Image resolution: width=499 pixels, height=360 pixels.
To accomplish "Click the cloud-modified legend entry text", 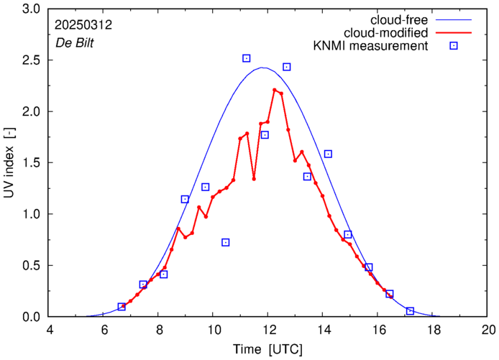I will [x=387, y=33].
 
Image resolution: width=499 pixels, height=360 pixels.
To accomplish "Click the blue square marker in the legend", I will [x=454, y=47].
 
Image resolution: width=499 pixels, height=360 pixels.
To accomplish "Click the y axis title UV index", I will [x=9, y=164].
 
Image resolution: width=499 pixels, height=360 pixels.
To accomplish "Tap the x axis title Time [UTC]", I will [x=267, y=349].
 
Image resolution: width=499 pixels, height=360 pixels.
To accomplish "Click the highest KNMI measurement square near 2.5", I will [x=247, y=58].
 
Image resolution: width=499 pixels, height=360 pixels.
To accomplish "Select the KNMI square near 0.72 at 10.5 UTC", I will [x=226, y=242].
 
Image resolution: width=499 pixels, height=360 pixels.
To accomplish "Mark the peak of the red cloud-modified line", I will [x=275, y=90].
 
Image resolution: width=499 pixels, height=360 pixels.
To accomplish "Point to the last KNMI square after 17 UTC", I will [x=410, y=310].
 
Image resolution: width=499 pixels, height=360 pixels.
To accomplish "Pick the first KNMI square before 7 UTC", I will [x=122, y=307].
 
